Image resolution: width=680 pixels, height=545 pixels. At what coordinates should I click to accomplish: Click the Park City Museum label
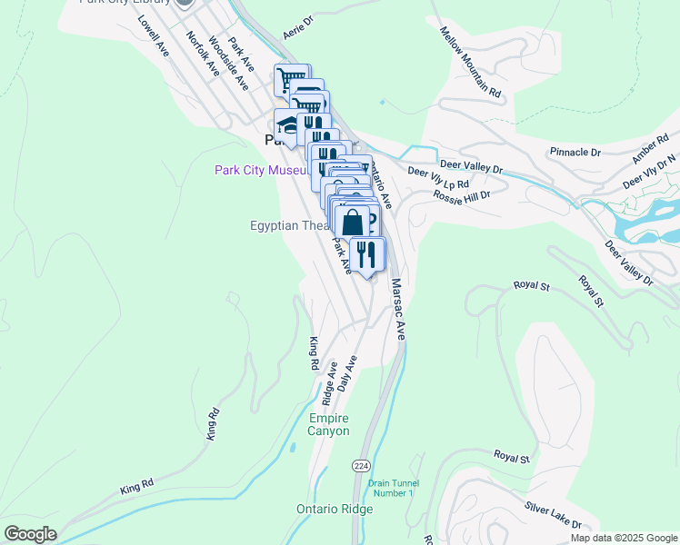point(262,170)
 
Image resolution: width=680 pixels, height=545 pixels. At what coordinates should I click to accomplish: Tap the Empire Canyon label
point(329,424)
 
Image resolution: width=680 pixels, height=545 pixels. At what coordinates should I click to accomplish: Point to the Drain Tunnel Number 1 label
point(392,487)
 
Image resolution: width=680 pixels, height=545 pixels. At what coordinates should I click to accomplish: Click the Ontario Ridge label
point(335,509)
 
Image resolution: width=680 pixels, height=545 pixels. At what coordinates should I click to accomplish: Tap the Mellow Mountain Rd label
point(470,62)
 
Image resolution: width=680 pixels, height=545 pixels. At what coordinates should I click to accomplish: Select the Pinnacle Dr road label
point(575,152)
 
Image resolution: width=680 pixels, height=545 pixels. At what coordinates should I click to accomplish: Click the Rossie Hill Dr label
point(462,195)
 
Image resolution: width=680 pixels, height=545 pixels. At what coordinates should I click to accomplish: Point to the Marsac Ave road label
point(397,309)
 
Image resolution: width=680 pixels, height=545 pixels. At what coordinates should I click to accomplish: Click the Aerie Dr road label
point(297,26)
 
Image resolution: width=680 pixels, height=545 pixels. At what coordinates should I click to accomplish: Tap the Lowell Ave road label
point(154,33)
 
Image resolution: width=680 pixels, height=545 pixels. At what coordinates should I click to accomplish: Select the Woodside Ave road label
point(228,63)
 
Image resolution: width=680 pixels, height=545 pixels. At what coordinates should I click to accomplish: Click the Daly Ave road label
point(346,373)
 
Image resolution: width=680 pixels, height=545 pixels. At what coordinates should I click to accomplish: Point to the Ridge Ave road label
point(329,382)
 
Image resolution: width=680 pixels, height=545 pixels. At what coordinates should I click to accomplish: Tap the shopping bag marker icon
point(354,222)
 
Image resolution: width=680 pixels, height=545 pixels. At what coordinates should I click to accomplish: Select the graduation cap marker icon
point(287,124)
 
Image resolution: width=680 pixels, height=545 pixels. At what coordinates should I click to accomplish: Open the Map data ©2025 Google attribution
point(625,538)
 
